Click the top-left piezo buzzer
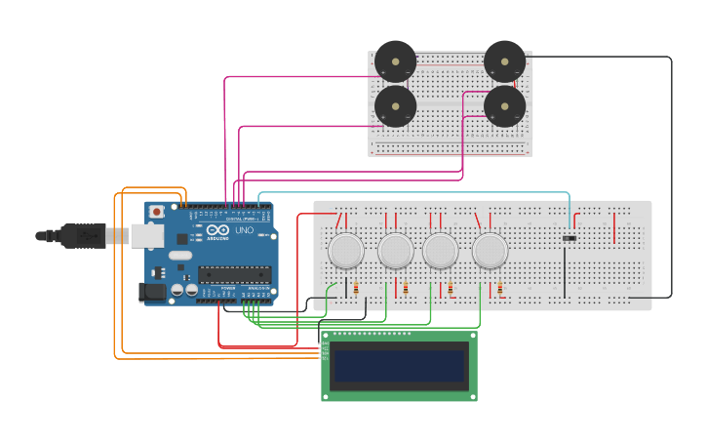tap(396, 61)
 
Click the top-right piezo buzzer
tap(504, 61)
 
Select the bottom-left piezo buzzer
tap(396, 106)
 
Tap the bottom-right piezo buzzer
tap(504, 106)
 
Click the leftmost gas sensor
tap(346, 251)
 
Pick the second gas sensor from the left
tap(396, 251)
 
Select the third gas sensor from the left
tap(440, 251)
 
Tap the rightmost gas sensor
tap(490, 251)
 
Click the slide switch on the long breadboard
tap(570, 237)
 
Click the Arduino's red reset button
tap(156, 211)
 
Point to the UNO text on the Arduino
tap(244, 230)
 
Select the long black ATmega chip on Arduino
tap(234, 274)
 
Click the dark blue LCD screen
tap(399, 366)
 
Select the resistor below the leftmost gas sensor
tap(355, 289)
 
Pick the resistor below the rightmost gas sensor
tap(500, 289)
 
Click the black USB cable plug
tap(83, 235)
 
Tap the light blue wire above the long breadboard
tap(410, 193)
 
